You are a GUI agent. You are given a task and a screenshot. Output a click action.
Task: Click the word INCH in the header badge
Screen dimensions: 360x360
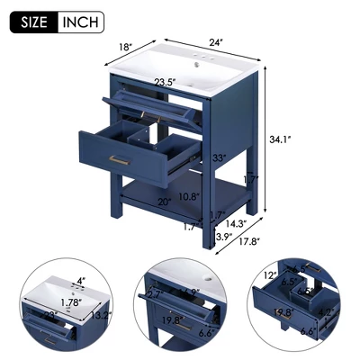(79, 22)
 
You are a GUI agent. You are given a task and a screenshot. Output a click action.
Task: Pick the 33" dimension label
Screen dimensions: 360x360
(219, 157)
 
